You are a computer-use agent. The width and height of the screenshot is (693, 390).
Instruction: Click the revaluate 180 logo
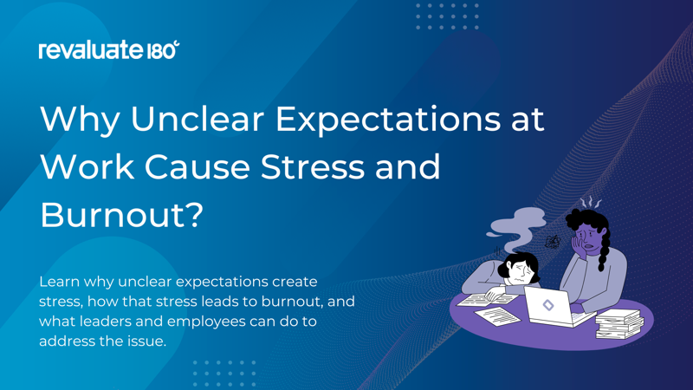tap(108, 50)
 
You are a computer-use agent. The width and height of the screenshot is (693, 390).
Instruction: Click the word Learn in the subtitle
tap(61, 282)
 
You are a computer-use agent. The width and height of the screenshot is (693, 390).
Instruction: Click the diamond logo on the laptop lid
tap(548, 305)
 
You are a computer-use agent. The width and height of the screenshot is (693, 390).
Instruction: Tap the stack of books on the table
tap(620, 323)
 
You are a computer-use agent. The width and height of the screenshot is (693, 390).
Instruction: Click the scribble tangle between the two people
tap(552, 243)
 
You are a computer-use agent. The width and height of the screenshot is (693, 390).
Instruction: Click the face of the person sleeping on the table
tap(518, 276)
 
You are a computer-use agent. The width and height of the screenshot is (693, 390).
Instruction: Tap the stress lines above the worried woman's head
tap(591, 203)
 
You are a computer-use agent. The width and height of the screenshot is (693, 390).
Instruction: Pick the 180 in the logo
tap(164, 50)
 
